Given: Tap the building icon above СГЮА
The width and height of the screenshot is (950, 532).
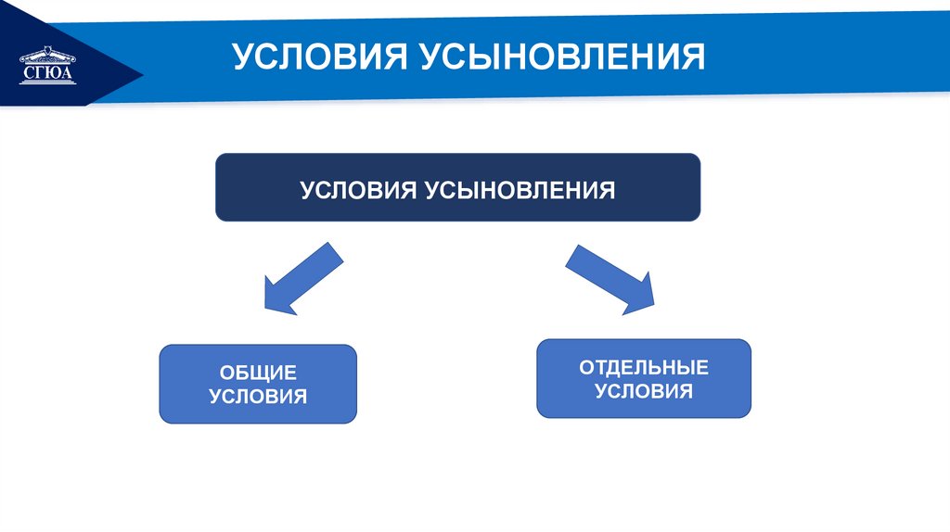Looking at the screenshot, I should pos(45,54).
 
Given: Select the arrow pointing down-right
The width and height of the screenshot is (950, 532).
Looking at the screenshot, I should pos(611,279).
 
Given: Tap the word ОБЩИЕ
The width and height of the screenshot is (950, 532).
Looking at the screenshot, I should pos(258,373).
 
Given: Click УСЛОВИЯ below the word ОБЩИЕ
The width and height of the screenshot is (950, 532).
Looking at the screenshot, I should pos(258,397).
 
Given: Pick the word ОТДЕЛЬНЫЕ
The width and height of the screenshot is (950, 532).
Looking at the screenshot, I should pos(644,367).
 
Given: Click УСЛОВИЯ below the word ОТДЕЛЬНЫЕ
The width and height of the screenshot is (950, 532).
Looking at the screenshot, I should pos(644,391).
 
